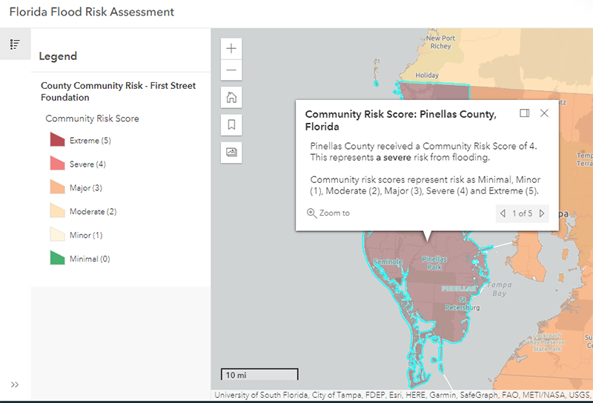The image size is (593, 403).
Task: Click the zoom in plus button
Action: tap(232, 49)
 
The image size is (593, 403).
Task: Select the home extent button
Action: tap(232, 97)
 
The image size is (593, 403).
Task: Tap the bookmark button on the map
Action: tap(232, 124)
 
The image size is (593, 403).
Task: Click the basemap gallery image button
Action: tap(232, 152)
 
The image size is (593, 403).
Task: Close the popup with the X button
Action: tap(544, 113)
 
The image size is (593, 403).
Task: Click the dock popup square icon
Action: tap(524, 113)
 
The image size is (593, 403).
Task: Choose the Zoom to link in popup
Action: tap(328, 213)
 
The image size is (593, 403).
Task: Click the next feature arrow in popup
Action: tap(542, 213)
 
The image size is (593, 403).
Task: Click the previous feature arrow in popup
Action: tap(503, 213)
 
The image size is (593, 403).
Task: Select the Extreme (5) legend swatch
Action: tap(57, 140)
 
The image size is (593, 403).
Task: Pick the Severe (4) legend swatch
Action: tap(57, 164)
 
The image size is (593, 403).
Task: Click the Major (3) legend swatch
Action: tap(57, 187)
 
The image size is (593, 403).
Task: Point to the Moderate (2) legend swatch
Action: tap(57, 211)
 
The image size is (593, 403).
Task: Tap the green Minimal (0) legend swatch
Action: tap(57, 259)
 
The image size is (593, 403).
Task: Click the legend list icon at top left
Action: tap(15, 44)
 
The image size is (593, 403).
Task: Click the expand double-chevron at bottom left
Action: tap(15, 384)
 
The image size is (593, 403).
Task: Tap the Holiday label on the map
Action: tap(427, 76)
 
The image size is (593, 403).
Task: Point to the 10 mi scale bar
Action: tap(259, 374)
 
